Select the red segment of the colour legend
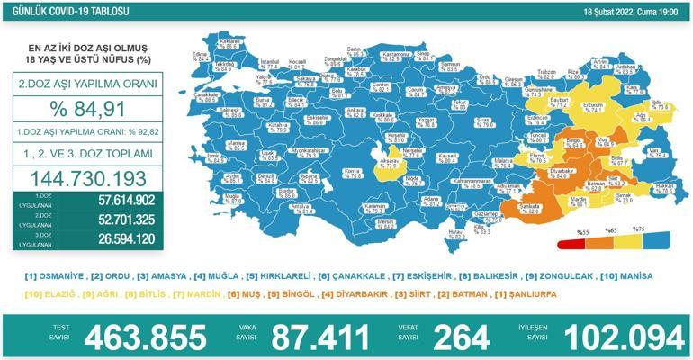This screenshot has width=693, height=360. pyautogui.click(x=572, y=243)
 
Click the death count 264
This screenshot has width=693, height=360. pyautogui.click(x=461, y=337)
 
